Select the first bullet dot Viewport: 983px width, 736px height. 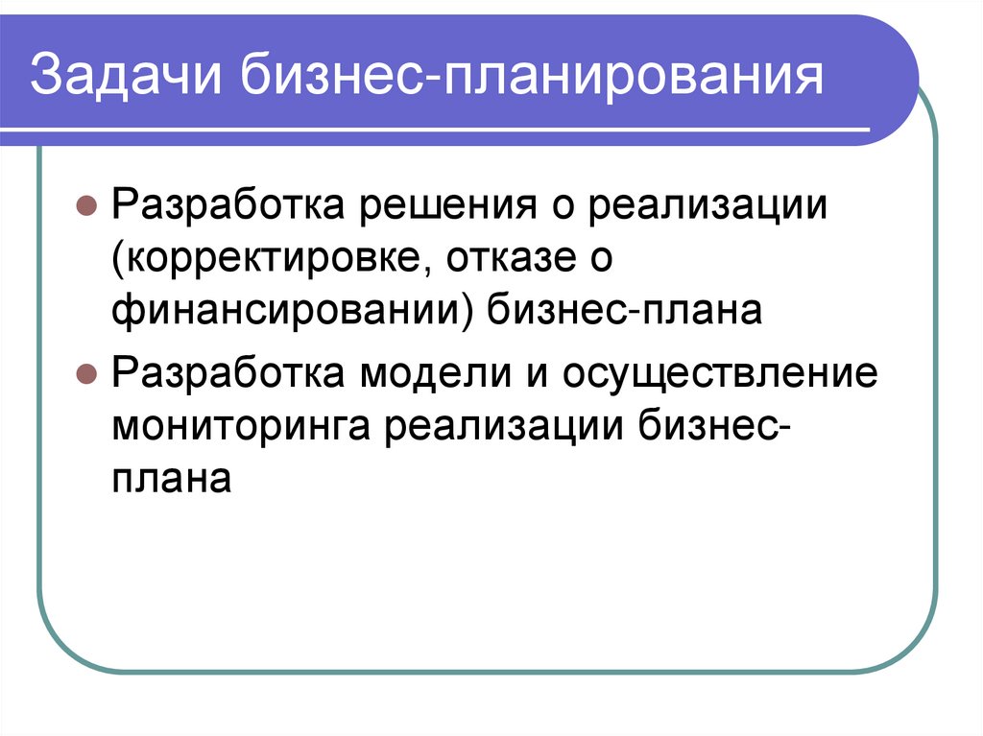84,206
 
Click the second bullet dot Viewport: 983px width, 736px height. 84,373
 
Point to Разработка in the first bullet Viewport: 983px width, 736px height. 229,206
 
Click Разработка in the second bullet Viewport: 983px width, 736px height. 229,373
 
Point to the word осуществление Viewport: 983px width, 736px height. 721,373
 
